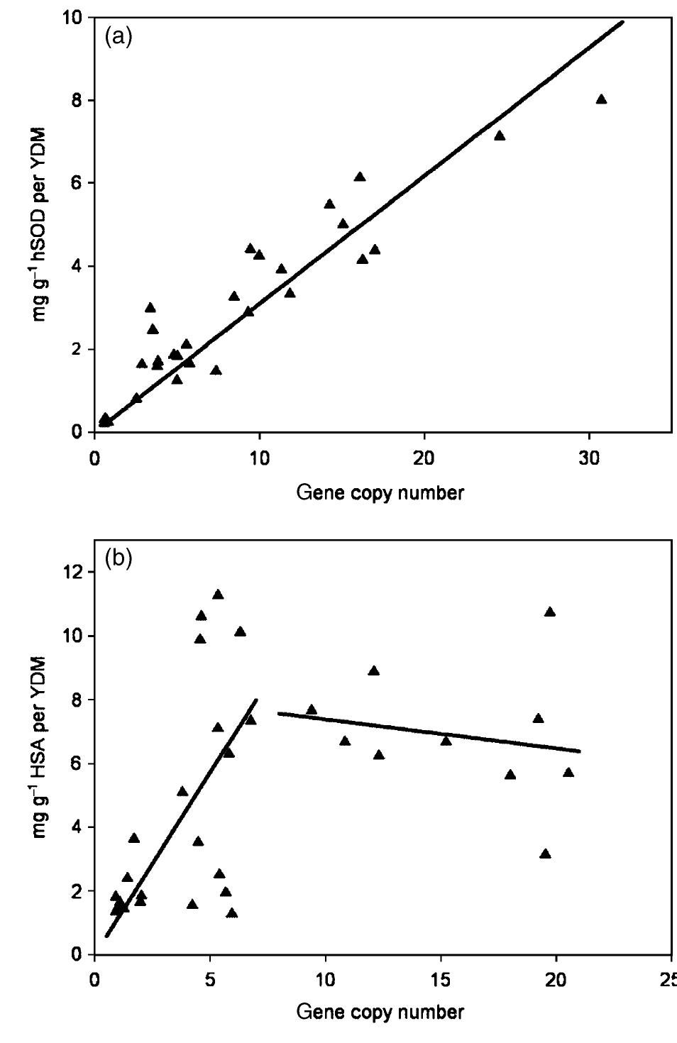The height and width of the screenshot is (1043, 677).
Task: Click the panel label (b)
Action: [119, 558]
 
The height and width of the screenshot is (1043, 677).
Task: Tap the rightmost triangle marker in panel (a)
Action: [601, 99]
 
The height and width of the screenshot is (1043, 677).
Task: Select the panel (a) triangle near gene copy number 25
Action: [500, 136]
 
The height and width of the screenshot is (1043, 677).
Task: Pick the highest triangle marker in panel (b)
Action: [218, 595]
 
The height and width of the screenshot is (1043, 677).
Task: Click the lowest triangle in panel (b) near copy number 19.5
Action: [545, 854]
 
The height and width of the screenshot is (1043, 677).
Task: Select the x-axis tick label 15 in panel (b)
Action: [441, 980]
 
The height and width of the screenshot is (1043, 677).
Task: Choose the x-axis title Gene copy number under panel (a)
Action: [380, 493]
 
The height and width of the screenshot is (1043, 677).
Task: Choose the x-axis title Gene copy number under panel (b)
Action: [380, 1011]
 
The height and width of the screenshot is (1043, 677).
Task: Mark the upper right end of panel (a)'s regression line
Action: [622, 22]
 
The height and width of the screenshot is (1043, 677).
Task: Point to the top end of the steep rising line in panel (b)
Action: [256, 700]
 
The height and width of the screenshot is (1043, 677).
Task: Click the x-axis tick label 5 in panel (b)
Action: [209, 980]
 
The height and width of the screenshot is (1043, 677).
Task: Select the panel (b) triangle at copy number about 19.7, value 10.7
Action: [550, 612]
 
